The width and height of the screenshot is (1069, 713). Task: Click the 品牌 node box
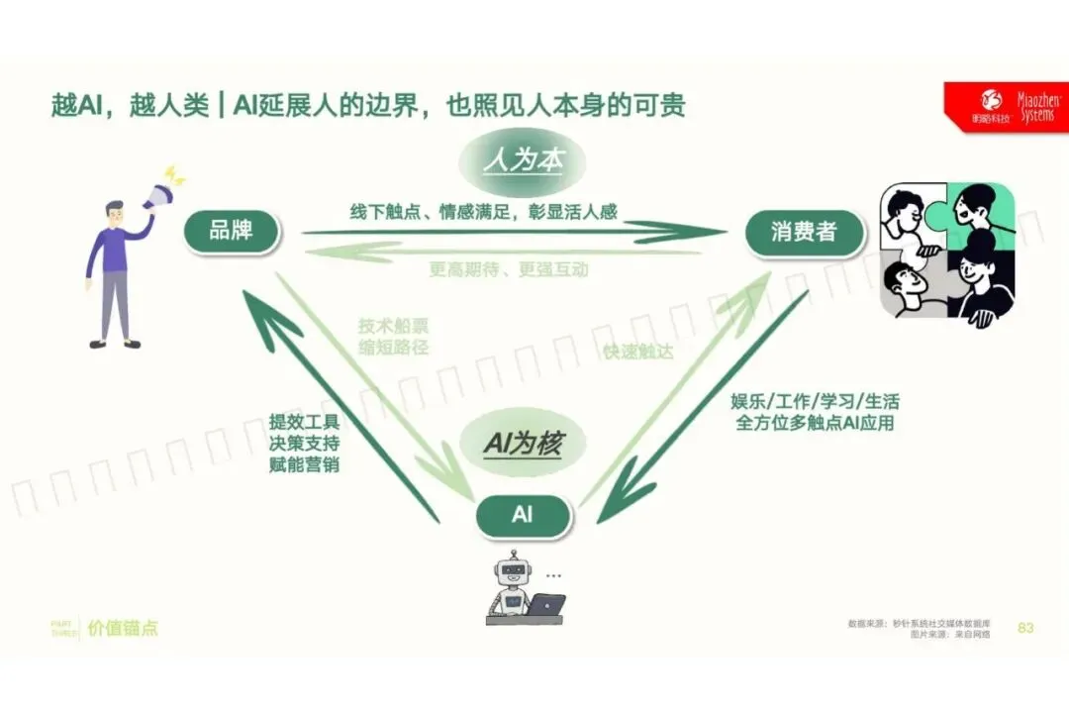point(232,232)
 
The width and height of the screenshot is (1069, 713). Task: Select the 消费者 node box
point(804,233)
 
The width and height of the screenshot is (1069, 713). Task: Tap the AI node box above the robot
point(523,515)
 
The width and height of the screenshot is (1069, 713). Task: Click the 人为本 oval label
point(523,160)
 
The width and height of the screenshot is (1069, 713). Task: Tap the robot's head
point(511,569)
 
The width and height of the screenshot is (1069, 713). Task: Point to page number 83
point(1025,628)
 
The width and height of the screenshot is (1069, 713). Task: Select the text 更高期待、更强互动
point(509,268)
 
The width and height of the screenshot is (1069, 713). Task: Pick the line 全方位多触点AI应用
point(815,423)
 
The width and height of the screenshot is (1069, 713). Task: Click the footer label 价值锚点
point(123,628)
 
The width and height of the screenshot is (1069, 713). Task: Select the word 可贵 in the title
point(661,105)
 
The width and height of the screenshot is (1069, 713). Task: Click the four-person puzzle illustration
point(947,251)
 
